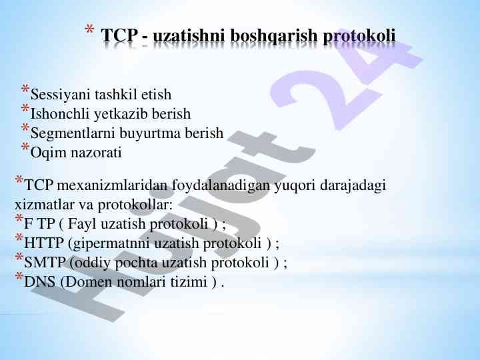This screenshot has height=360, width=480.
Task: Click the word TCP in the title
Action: coord(119,35)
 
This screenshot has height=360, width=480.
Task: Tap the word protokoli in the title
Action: coord(359,35)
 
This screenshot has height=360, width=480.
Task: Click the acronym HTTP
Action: coord(44,243)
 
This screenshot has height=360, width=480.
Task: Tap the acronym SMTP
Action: coord(45,262)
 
